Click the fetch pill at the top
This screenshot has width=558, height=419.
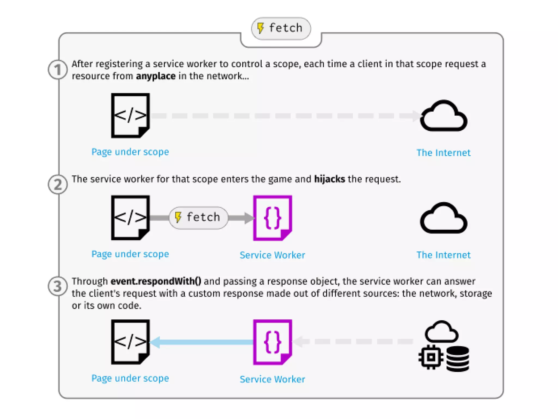coord(281,28)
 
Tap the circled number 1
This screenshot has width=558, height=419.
coord(57,70)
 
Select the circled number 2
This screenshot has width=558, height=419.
coord(57,184)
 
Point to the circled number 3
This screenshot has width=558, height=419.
coord(57,286)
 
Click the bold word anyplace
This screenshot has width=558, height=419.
coord(156,76)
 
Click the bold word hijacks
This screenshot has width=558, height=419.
coord(329,179)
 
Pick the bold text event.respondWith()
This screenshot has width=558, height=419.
coord(156,281)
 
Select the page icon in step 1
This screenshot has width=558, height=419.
coord(130,115)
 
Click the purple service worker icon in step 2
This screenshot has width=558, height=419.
coord(272,218)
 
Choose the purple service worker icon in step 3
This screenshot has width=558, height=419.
coord(272,342)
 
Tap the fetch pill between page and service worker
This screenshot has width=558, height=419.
coord(198,218)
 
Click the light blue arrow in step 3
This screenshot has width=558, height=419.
coord(202,342)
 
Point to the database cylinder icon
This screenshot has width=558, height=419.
coord(458,358)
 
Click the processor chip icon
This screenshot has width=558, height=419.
coord(431,357)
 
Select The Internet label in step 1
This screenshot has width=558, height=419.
coord(443,153)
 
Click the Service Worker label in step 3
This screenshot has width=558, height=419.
coord(272,379)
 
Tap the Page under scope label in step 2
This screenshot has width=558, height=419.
coord(130,254)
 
